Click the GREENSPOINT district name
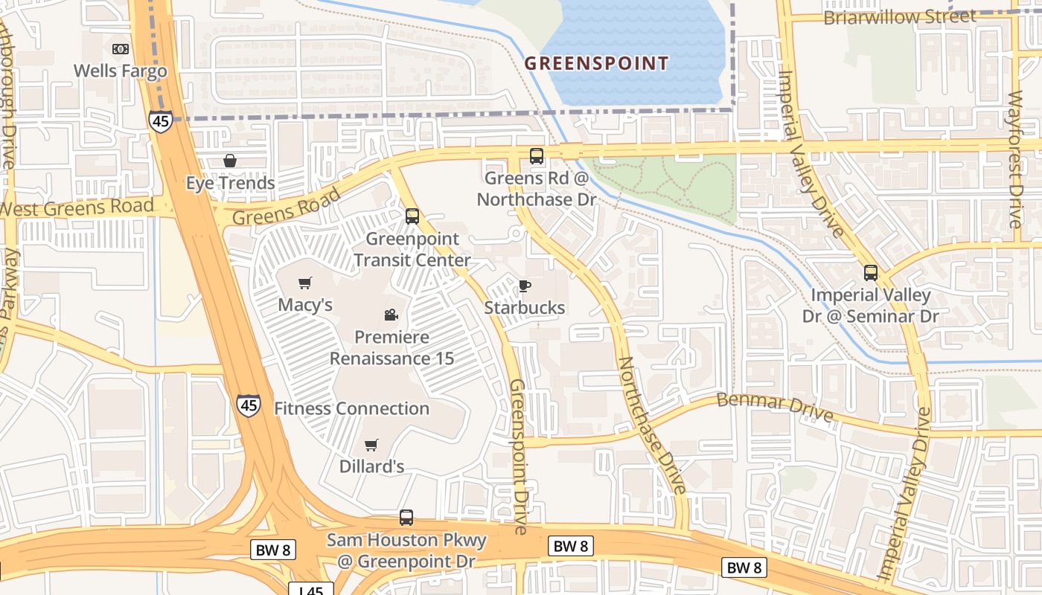(596, 63)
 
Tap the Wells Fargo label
(120, 71)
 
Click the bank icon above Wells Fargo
(120, 49)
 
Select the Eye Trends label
(230, 183)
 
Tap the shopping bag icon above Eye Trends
(230, 161)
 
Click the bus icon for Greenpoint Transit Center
(412, 216)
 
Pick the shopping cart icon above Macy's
(304, 283)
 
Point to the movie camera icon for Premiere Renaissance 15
(391, 315)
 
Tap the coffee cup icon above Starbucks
(525, 286)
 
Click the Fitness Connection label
(351, 408)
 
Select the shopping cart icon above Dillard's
(371, 445)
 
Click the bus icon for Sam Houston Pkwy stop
(406, 518)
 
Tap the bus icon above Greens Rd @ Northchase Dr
(537, 156)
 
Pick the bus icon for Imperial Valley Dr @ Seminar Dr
(871, 273)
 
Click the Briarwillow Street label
(898, 16)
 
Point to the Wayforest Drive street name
(1016, 158)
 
